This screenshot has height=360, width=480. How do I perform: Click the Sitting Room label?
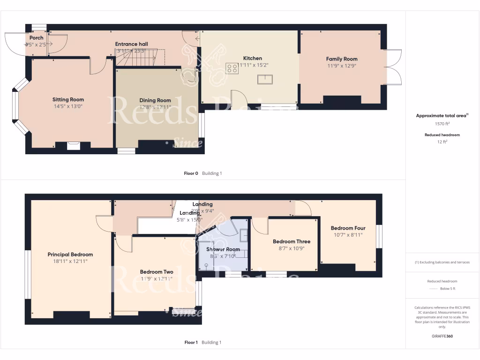click(x=68, y=99)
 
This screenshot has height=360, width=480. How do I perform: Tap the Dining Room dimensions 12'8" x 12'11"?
click(x=155, y=107)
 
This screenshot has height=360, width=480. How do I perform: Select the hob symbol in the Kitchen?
click(x=232, y=68)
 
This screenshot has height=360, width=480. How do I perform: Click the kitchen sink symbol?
click(x=264, y=79)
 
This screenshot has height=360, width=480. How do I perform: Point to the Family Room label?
click(x=342, y=59)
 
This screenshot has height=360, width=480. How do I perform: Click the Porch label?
click(x=36, y=38)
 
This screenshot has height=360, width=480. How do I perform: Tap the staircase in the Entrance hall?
click(x=141, y=59)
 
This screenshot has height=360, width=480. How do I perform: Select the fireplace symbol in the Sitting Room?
click(x=74, y=146)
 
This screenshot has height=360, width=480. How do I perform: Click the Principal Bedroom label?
click(x=70, y=255)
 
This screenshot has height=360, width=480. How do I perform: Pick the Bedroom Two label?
click(x=157, y=272)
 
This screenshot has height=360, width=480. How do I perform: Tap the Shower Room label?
click(x=224, y=249)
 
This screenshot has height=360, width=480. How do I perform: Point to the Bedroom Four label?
click(x=348, y=228)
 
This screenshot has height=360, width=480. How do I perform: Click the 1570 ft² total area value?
click(x=442, y=124)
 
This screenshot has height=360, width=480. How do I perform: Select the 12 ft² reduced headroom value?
click(x=442, y=142)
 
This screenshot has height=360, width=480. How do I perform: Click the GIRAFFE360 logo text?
click(x=442, y=336)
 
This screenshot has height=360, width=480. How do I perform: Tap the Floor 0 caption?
click(x=191, y=173)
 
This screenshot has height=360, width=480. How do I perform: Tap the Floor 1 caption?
click(x=191, y=343)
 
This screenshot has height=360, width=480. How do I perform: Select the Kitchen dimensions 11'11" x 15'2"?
click(x=253, y=65)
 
